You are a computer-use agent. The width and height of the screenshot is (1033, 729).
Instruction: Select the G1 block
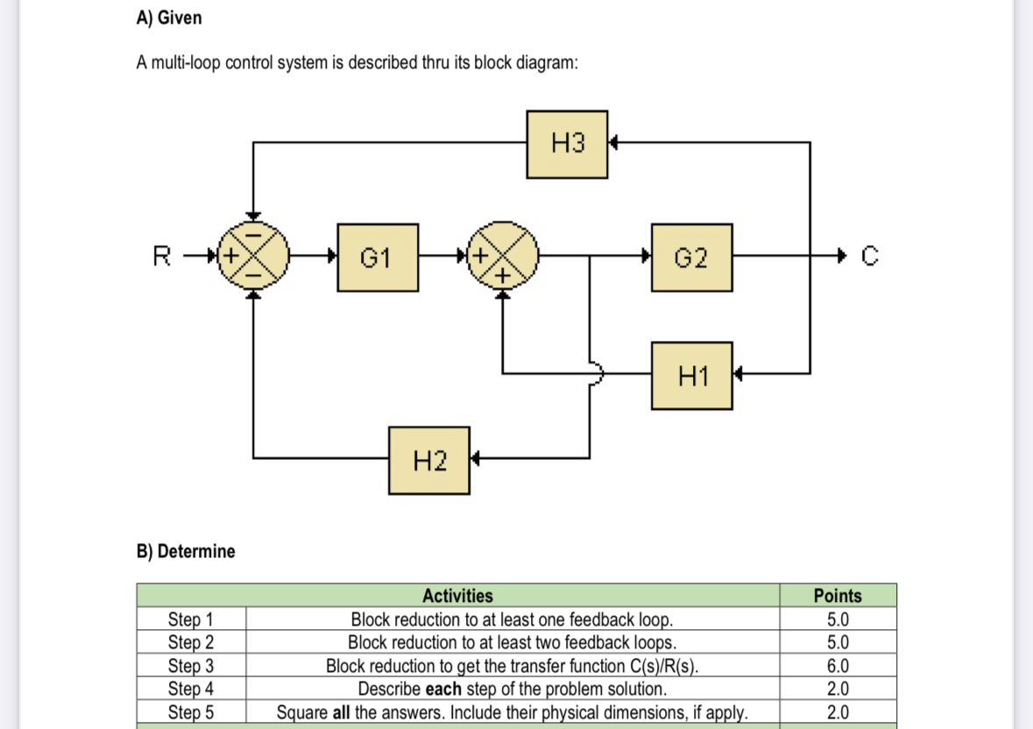[x=377, y=258]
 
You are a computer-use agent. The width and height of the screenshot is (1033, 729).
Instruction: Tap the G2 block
[x=691, y=258]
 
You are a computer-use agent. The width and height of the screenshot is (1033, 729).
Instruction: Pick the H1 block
[x=691, y=376]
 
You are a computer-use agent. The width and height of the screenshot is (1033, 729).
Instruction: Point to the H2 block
[x=428, y=460]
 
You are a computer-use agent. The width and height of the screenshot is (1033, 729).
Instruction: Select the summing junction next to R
[x=252, y=258]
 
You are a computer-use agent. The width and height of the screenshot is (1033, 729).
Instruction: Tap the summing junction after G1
[x=503, y=258]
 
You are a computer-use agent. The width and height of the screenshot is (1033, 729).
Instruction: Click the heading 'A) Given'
[x=169, y=18]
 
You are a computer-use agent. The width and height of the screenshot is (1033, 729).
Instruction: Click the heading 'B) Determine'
[x=186, y=551]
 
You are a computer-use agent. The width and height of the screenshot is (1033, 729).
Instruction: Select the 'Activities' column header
[x=457, y=596]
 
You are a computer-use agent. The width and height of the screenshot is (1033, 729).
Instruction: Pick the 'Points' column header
[x=837, y=596]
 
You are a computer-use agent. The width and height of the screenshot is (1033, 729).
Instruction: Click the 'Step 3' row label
[x=190, y=666]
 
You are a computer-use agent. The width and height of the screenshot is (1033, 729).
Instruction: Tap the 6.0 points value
[x=837, y=666]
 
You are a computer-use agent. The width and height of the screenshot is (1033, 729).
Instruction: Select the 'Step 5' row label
[x=190, y=711]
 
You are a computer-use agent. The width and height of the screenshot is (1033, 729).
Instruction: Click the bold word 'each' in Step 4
[x=442, y=689]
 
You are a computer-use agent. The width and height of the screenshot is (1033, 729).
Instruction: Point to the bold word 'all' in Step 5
[x=343, y=711]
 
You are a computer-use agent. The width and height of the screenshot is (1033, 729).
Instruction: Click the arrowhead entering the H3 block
[x=614, y=142]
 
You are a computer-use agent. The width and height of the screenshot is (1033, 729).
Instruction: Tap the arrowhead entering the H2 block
[x=476, y=457]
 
